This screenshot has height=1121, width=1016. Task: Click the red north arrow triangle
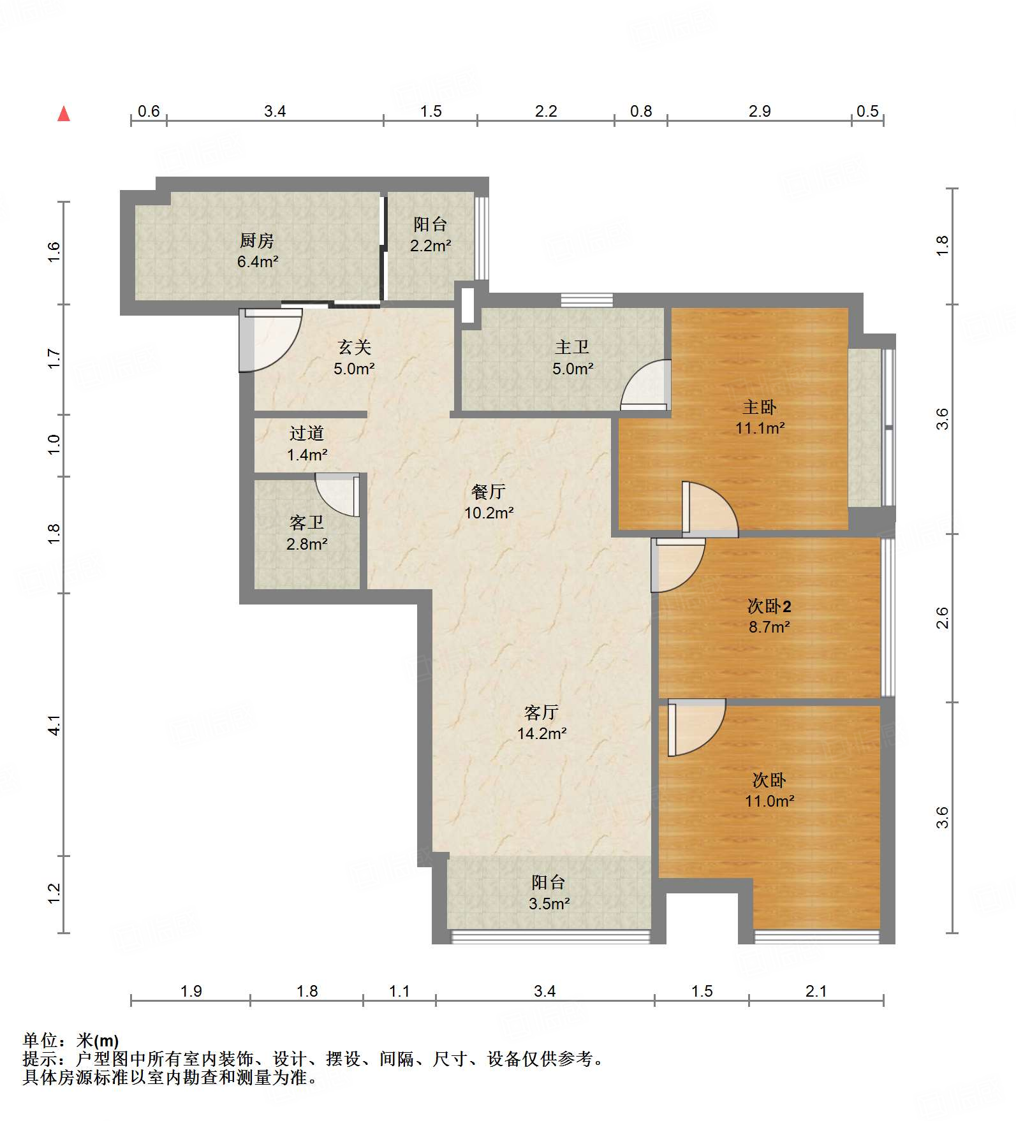tap(64, 114)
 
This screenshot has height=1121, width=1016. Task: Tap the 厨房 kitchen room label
tap(257, 240)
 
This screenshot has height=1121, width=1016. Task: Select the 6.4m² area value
tap(258, 261)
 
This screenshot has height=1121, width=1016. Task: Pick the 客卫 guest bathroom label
tap(307, 523)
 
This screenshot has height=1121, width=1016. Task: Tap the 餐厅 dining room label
tap(489, 492)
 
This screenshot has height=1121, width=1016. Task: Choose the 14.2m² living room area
tap(542, 734)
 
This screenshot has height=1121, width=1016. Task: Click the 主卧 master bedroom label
tap(760, 407)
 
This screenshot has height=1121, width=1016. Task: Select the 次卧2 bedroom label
tap(769, 606)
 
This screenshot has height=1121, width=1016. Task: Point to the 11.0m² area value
tap(770, 801)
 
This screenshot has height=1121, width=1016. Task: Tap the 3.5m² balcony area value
tap(549, 904)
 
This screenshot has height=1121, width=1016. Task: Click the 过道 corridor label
tap(307, 434)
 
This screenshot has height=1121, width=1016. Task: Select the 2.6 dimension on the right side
tap(943, 618)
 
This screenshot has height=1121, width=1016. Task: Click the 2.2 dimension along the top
tap(546, 112)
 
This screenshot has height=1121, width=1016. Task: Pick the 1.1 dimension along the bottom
tap(399, 992)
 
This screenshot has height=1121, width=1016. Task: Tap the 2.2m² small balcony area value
tap(431, 245)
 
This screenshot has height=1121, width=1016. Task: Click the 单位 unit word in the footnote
tap(40, 1041)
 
